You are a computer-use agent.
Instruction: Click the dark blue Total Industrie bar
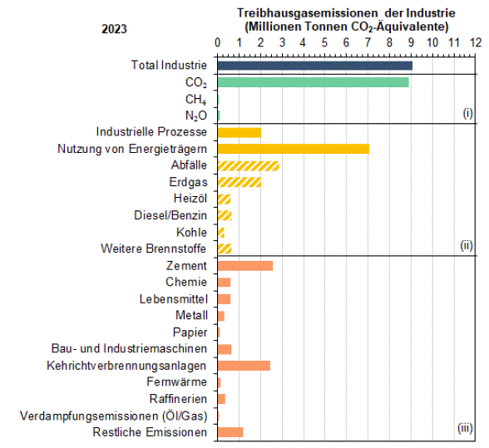[x=315, y=66]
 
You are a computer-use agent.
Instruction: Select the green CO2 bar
[x=314, y=82]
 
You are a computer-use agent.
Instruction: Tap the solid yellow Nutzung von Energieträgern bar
[x=294, y=149]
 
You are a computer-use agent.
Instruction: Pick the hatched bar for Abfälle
[x=249, y=166]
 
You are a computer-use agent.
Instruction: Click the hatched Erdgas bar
[x=240, y=182]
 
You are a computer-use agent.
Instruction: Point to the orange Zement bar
[x=245, y=266]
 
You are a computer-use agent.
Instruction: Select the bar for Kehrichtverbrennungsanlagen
[x=244, y=366]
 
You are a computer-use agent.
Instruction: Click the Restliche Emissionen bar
[x=230, y=432]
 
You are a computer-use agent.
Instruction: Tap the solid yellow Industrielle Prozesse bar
[x=240, y=132]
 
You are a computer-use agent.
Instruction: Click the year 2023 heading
[x=114, y=29]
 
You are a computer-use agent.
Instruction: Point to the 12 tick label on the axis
[x=476, y=42]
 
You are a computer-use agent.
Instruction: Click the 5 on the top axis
[x=324, y=42]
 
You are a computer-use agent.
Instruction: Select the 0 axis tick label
[x=217, y=42]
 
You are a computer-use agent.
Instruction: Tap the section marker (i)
[x=467, y=113]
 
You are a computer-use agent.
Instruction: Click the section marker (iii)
[x=465, y=428]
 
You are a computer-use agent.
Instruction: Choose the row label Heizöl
[x=190, y=199]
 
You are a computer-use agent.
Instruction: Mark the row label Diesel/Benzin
[x=170, y=215]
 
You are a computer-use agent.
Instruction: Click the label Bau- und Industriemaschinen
[x=129, y=348]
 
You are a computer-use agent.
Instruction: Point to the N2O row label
[x=196, y=116]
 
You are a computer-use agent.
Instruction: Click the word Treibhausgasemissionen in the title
[x=308, y=13]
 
